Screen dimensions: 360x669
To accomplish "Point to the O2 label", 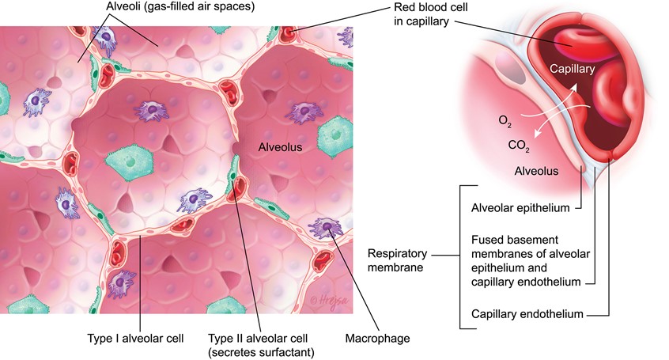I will pyautogui.click(x=505, y=120).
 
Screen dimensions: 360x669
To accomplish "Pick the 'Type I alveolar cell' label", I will pyautogui.click(x=135, y=339).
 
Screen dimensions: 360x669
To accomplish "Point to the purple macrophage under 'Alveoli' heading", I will pyautogui.click(x=104, y=36).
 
